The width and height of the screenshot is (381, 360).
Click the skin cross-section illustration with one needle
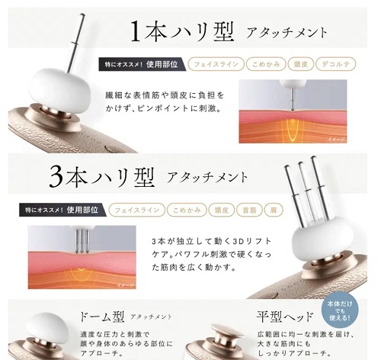[x=293, y=111]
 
